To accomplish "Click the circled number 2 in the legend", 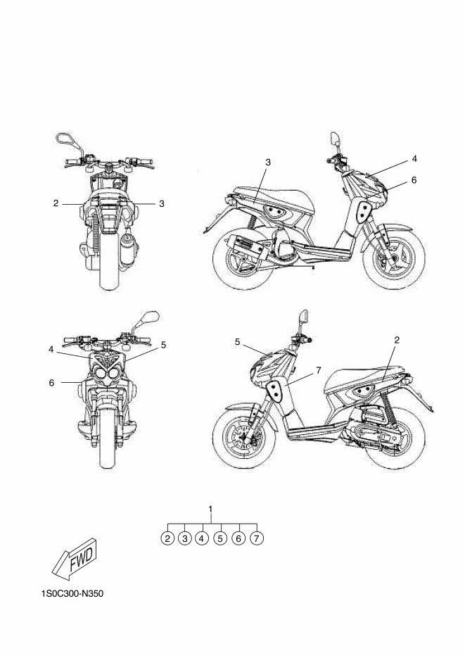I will click(x=167, y=538).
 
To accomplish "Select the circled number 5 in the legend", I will click(x=220, y=538).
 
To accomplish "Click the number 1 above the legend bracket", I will click(x=211, y=508).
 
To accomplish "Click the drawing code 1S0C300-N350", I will click(x=72, y=594).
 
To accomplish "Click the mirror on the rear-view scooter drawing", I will click(x=65, y=137).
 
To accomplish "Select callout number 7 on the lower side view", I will click(x=319, y=369).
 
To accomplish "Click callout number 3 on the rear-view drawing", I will click(x=161, y=204).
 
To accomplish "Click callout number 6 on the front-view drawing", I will click(x=51, y=382).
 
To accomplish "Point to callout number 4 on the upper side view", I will click(x=414, y=158).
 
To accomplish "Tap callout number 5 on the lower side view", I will click(x=238, y=342).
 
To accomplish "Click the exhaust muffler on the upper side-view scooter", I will click(x=246, y=250).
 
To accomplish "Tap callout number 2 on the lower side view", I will click(x=397, y=340).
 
